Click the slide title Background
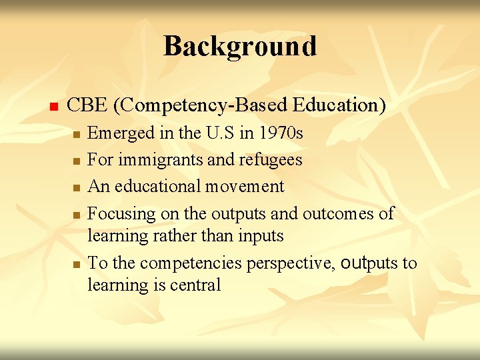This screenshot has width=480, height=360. coord(240,46)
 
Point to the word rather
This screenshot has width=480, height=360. coord(173,236)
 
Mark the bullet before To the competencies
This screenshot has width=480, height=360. coord(77,265)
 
